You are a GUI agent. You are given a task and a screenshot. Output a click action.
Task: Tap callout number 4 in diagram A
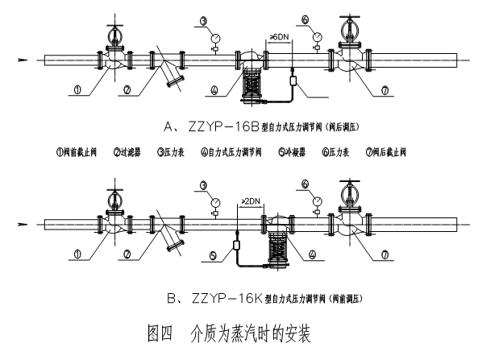point(214,91)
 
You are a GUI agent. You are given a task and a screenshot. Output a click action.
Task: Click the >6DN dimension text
point(278,37)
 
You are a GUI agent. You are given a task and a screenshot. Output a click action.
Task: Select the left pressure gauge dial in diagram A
point(214,36)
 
